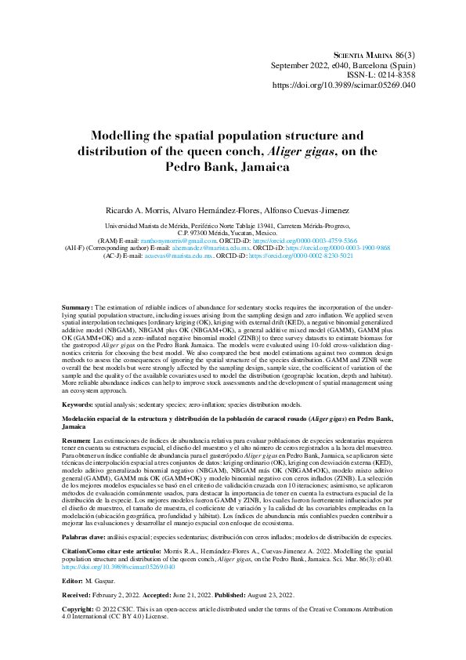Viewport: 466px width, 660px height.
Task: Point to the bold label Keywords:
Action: pos(78,403)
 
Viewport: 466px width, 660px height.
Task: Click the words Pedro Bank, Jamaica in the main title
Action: pos(233,166)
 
